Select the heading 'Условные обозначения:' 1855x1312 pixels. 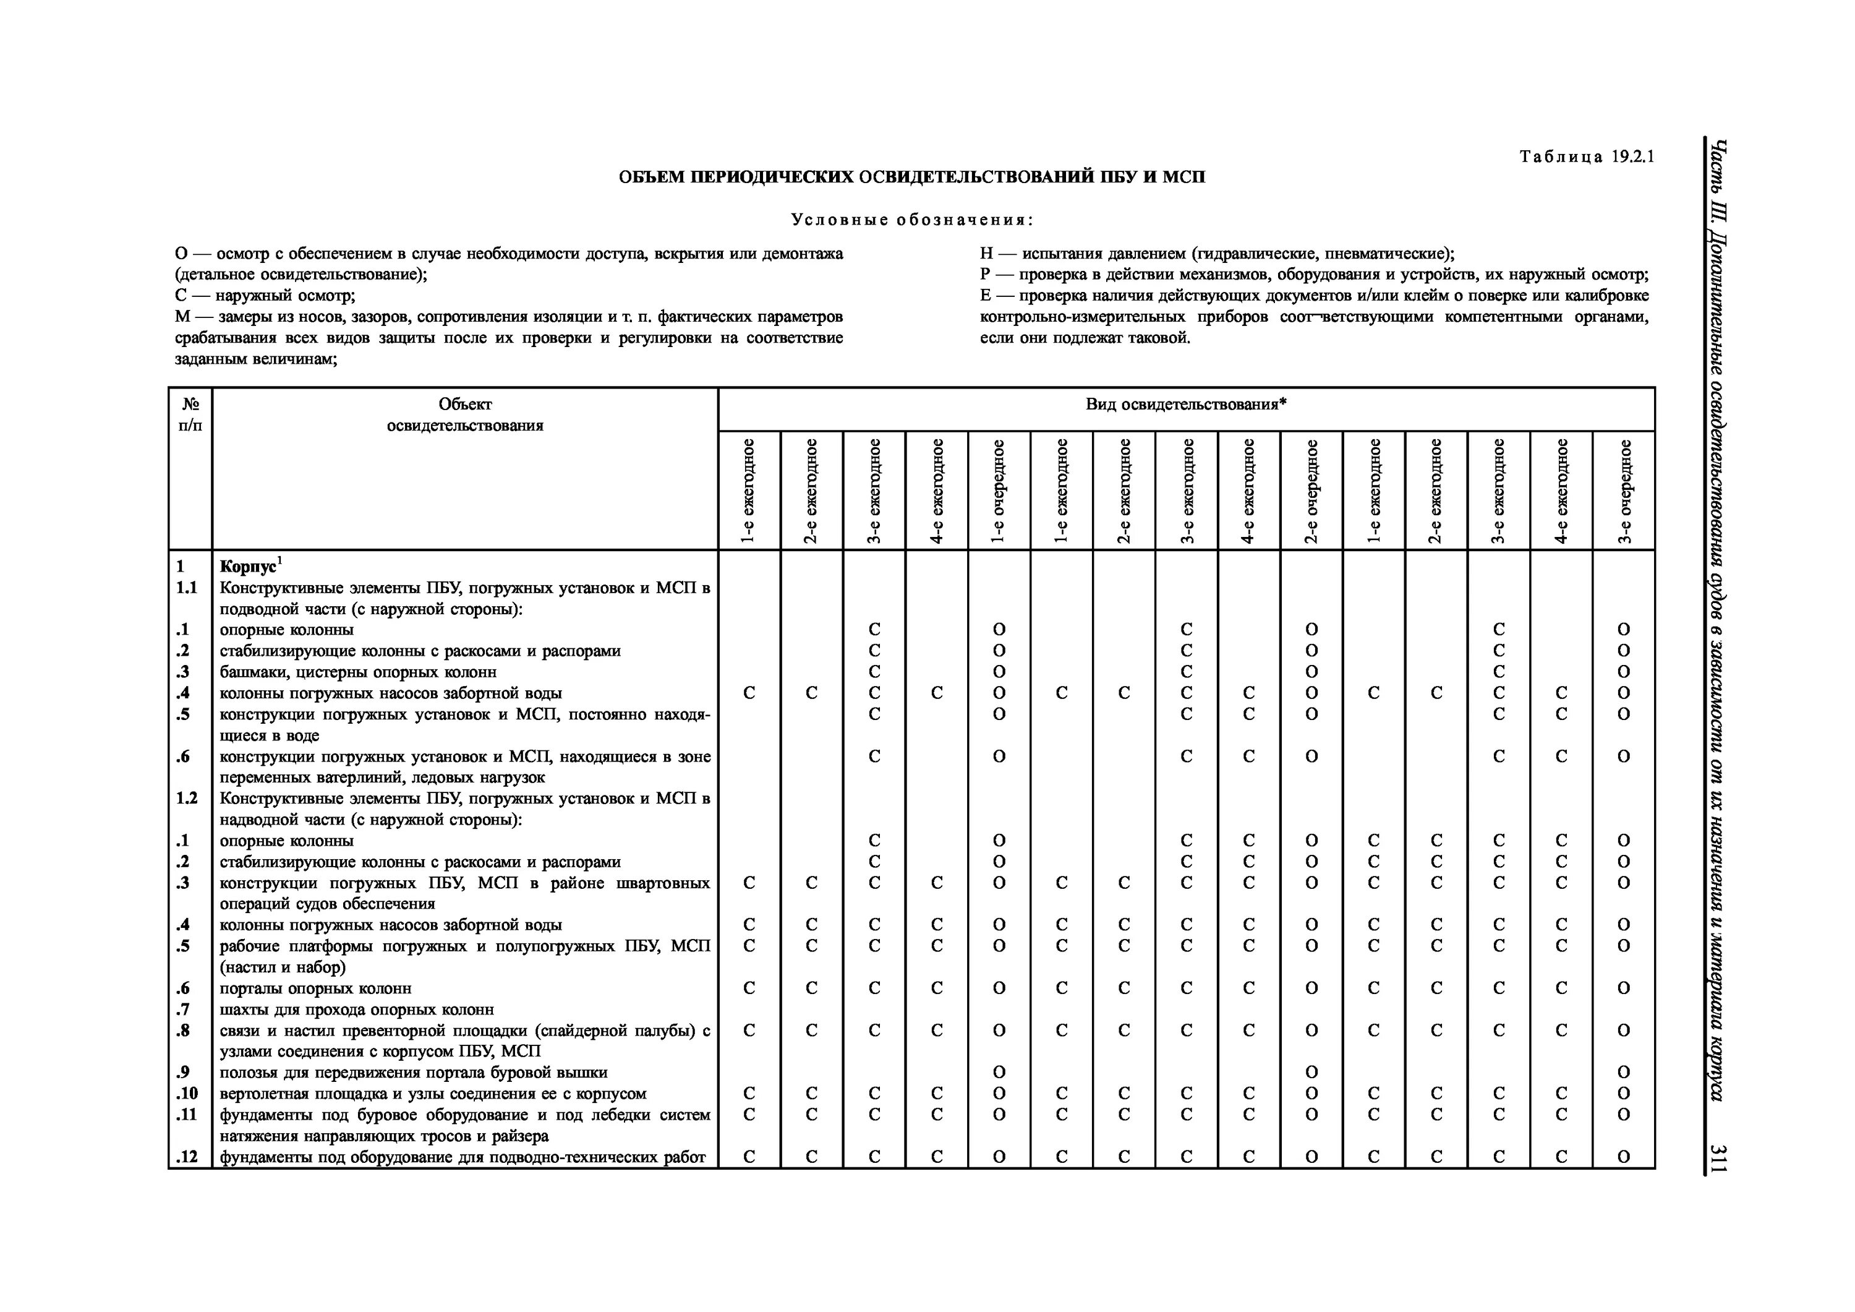pos(912,220)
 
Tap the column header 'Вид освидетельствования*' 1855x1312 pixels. pos(1185,404)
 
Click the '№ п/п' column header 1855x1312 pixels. pos(190,414)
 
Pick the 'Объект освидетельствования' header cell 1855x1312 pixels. pos(464,414)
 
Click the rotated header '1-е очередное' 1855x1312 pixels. pos(999,491)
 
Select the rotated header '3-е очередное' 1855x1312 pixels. pos(1624,491)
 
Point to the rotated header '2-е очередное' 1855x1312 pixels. pos(1311,491)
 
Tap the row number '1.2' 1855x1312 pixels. pos(187,799)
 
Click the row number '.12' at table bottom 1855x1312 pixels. pos(187,1157)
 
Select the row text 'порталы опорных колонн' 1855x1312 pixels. pos(315,988)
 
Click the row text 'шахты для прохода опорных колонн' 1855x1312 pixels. pos(356,1010)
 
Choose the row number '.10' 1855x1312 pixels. pos(187,1094)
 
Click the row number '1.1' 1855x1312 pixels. pos(187,588)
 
